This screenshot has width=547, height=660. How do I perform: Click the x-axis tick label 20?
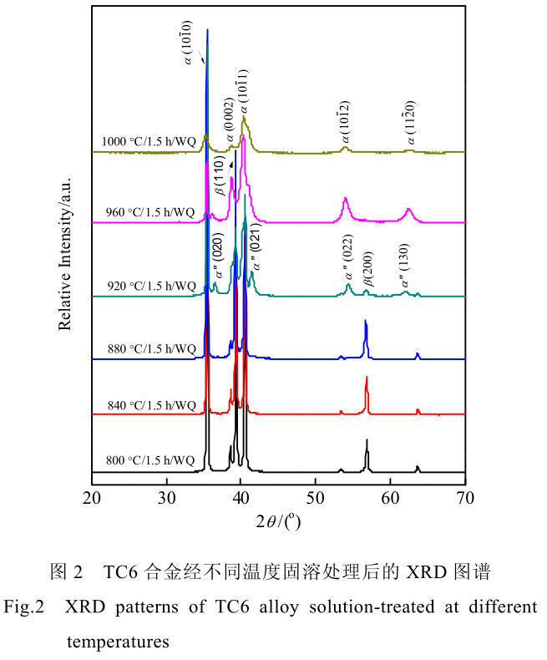[92, 498]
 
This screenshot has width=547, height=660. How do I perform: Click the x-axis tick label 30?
[167, 498]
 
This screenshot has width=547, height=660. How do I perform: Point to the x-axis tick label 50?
[315, 498]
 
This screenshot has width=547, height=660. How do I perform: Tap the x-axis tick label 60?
[390, 498]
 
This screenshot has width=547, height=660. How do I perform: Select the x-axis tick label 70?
[465, 498]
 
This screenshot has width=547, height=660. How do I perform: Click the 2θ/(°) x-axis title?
[278, 522]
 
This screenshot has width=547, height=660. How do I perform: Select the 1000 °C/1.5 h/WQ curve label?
[149, 141]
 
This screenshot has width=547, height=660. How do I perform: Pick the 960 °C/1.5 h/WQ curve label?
[150, 212]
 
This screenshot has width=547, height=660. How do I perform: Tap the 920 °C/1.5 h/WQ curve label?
[151, 287]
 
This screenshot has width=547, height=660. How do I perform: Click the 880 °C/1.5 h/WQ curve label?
[151, 349]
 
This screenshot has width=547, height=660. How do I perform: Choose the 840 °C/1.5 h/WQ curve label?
[151, 405]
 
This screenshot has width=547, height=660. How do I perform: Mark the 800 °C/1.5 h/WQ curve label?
[150, 460]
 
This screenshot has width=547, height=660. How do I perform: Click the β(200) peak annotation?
[367, 268]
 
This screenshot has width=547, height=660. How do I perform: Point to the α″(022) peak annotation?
[348, 256]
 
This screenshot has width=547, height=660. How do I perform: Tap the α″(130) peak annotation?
[403, 265]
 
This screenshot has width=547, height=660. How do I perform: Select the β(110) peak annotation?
[220, 175]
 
